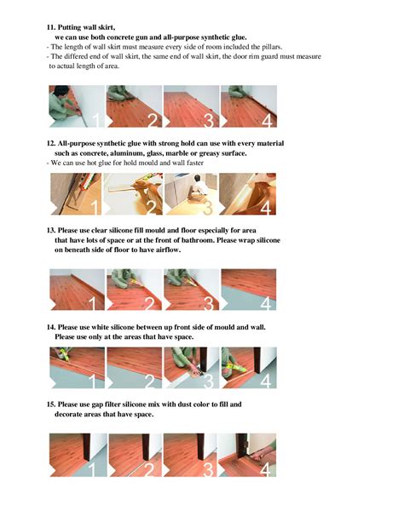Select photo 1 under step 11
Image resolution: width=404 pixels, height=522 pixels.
[77, 106]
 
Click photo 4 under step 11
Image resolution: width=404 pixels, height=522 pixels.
[249, 106]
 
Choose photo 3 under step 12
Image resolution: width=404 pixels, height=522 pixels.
[191, 193]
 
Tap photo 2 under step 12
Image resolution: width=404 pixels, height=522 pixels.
[133, 193]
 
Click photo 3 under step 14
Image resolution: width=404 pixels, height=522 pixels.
[191, 368]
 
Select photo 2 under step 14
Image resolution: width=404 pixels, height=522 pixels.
[133, 368]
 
